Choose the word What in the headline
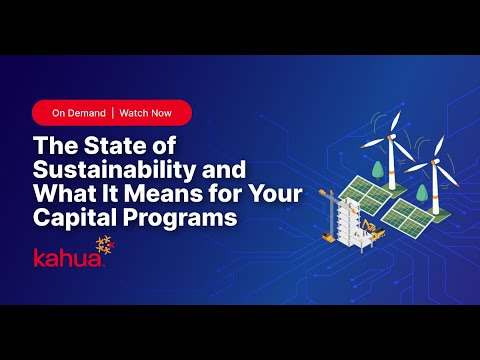click(68, 191)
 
